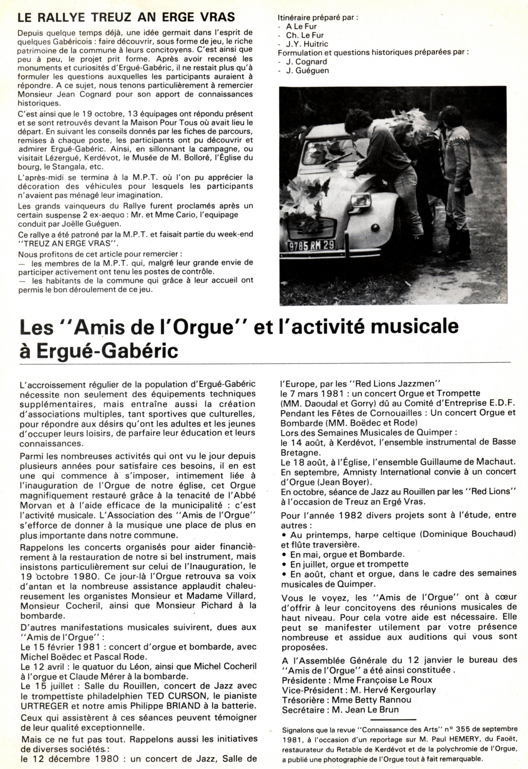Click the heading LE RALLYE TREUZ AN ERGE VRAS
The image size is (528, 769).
point(126,17)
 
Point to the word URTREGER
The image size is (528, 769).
point(43,705)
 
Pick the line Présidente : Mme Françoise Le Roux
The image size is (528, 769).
point(357,680)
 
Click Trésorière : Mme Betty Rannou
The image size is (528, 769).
point(346,700)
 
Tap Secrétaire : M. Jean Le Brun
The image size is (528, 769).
point(340,710)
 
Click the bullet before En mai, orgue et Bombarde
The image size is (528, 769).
point(285,554)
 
